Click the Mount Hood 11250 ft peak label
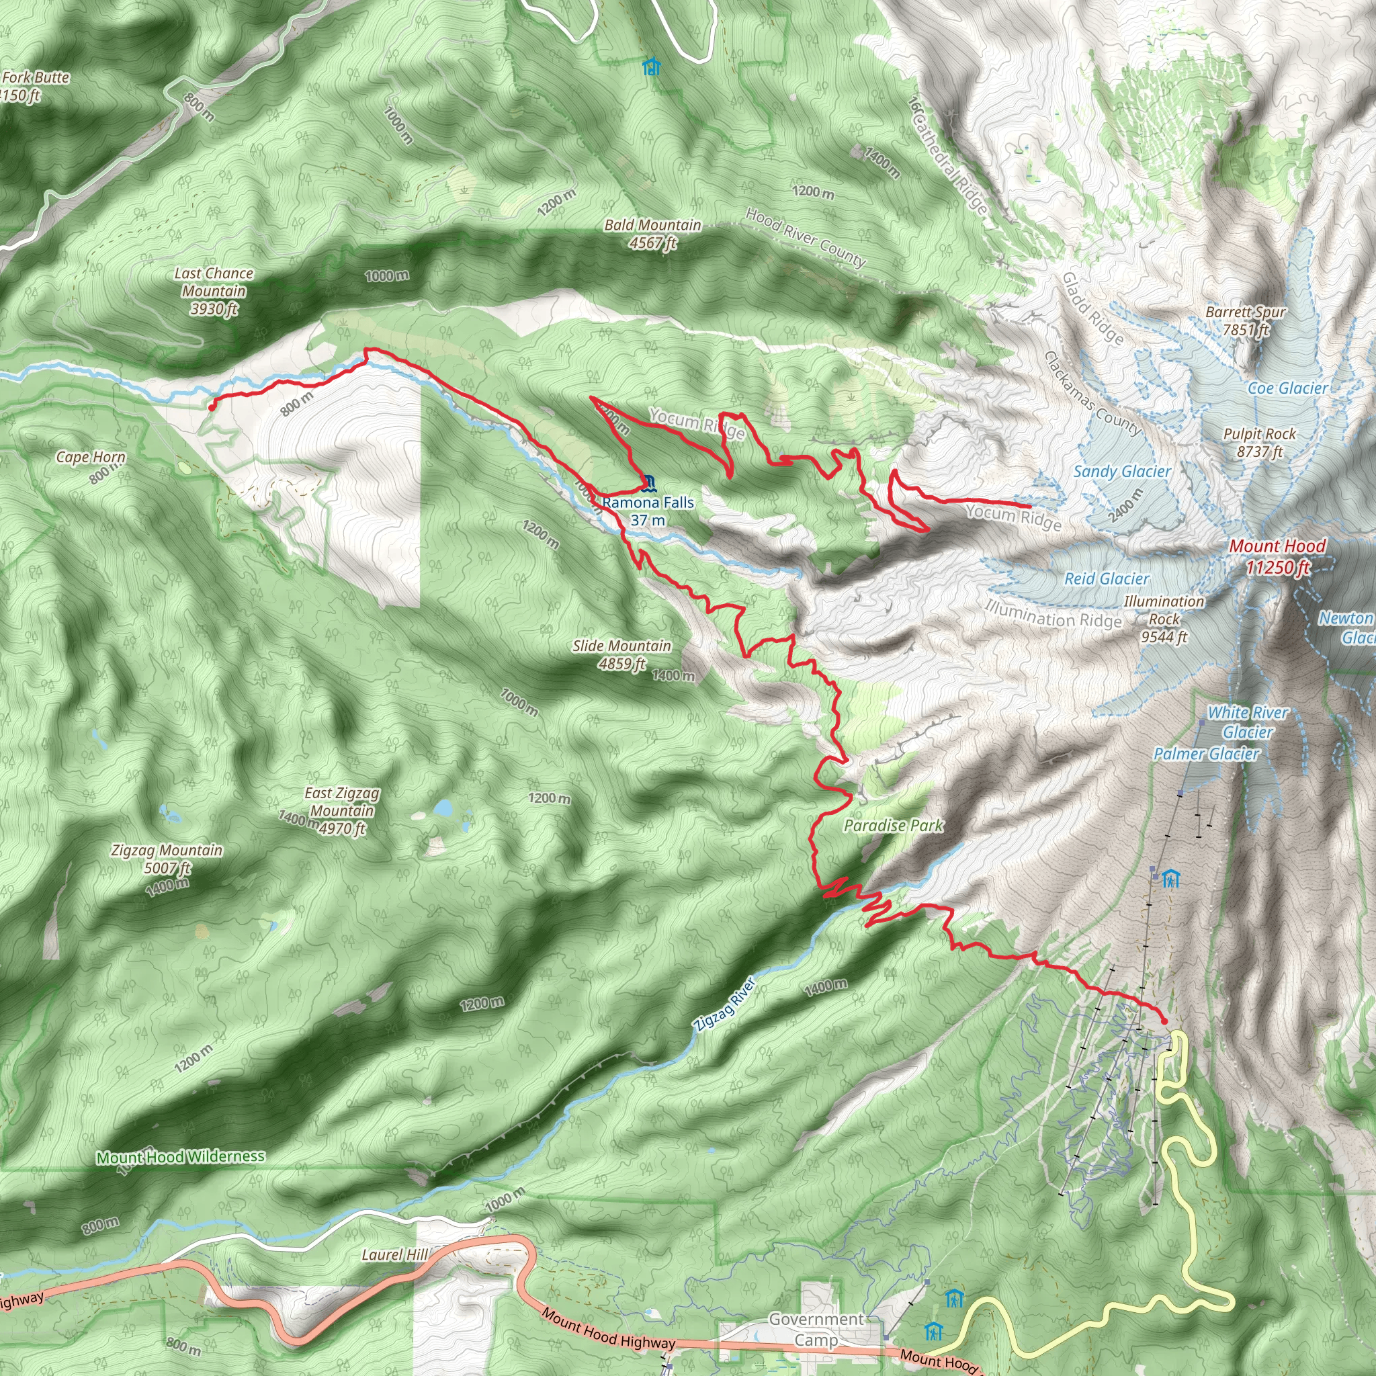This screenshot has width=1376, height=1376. pyautogui.click(x=1277, y=556)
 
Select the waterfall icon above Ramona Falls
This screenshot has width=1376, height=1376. pyautogui.click(x=648, y=483)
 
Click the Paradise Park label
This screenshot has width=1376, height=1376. pyautogui.click(x=893, y=826)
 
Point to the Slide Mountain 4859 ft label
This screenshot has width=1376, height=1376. pyautogui.click(x=621, y=654)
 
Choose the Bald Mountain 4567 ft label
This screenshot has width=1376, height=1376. pyautogui.click(x=652, y=234)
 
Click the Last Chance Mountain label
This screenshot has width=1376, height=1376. pyautogui.click(x=214, y=290)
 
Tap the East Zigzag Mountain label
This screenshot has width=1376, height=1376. pyautogui.click(x=342, y=810)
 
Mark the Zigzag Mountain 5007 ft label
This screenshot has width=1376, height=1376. pyautogui.click(x=167, y=858)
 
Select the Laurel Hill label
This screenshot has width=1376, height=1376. pyautogui.click(x=394, y=1255)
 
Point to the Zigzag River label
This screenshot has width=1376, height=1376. pyautogui.click(x=724, y=1005)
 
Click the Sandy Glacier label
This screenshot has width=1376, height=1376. pyautogui.click(x=1122, y=472)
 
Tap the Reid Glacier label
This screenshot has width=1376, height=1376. pyautogui.click(x=1106, y=579)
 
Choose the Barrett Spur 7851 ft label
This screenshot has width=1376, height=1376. pyautogui.click(x=1245, y=320)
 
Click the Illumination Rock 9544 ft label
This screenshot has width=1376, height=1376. pyautogui.click(x=1164, y=619)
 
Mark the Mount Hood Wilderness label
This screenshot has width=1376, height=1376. pyautogui.click(x=181, y=1158)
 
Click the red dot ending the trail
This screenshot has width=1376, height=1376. pyautogui.click(x=1164, y=1021)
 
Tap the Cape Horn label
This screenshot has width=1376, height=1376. pyautogui.click(x=91, y=458)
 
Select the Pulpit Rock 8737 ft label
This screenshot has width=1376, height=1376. pyautogui.click(x=1259, y=442)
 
